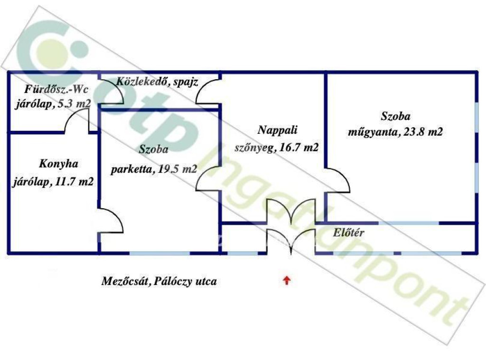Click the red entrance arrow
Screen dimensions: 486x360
coord(287,281)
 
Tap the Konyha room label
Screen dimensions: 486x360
coord(58,164)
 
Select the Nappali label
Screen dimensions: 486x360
coord(277,130)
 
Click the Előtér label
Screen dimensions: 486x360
coord(348,233)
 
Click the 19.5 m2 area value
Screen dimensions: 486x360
coord(178,169)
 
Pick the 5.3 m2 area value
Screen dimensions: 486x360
coord(75,103)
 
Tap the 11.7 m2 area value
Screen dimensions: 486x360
coord(74,182)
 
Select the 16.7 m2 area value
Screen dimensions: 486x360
coord(299,148)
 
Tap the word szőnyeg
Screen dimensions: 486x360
coord(255,148)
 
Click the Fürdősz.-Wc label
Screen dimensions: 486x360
coord(56,90)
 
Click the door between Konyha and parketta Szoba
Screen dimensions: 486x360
coord(111,220)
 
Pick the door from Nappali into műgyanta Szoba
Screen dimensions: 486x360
coord(337,180)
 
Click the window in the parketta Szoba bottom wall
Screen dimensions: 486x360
coord(159,253)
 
